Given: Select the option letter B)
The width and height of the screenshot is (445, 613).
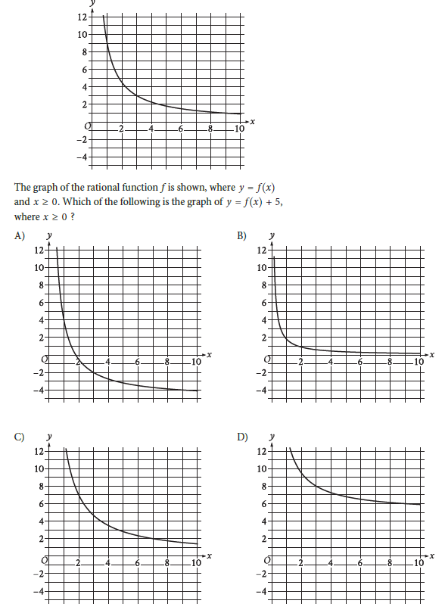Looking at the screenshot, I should click(241, 235).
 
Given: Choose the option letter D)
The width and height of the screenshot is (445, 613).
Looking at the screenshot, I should click(241, 437).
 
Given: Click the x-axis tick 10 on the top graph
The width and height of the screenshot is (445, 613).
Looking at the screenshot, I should click(238, 129).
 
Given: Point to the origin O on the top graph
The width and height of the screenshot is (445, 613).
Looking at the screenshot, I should click(89, 126).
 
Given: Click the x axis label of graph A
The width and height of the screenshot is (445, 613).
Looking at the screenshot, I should click(209, 354).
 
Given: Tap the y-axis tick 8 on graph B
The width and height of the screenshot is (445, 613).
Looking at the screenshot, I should click(262, 285).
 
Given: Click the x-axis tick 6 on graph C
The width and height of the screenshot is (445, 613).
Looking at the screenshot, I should click(138, 564).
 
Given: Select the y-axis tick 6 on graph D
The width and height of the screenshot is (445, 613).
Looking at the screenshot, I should click(262, 504).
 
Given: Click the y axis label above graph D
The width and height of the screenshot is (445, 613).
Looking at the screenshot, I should click(272, 437).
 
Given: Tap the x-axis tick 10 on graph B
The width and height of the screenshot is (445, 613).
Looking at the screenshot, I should click(419, 362).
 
